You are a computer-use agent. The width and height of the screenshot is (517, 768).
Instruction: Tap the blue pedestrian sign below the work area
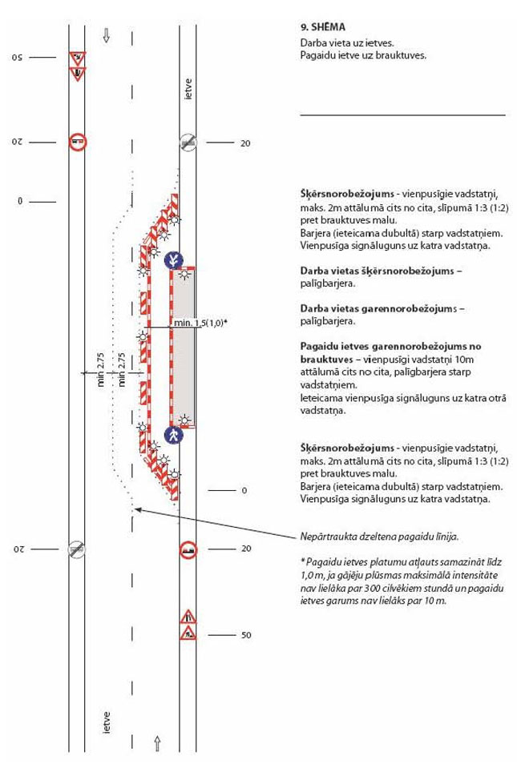click(174, 434)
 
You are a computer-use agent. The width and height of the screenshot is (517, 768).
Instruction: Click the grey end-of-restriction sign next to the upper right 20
click(187, 143)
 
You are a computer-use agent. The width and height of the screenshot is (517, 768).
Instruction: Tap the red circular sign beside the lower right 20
click(187, 549)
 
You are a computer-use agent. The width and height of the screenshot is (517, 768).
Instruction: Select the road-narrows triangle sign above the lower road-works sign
click(187, 617)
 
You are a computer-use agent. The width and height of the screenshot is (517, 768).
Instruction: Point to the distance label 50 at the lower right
click(245, 635)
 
